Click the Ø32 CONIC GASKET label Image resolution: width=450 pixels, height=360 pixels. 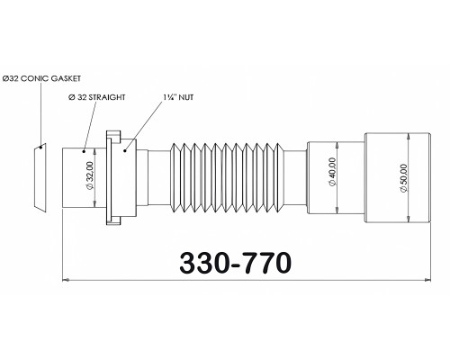(x=41, y=78)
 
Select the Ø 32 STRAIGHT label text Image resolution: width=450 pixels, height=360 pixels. (x=97, y=97)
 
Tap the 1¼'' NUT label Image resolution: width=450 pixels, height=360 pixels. (x=178, y=97)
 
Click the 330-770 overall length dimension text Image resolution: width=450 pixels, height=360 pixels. (x=236, y=263)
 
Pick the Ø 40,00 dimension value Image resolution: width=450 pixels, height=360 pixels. (x=332, y=172)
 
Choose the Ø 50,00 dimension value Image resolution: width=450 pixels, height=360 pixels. (x=403, y=178)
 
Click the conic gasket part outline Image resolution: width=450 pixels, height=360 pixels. (x=40, y=178)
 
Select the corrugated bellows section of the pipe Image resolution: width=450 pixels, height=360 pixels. (x=227, y=178)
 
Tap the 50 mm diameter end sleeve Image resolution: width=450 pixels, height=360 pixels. (x=398, y=178)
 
